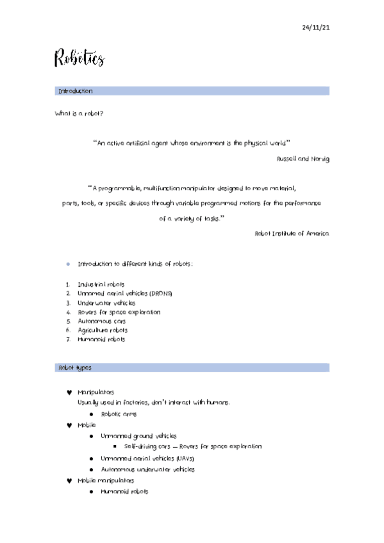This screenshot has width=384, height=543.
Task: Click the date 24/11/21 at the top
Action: coord(315,28)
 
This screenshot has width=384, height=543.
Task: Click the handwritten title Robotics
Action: coord(79,59)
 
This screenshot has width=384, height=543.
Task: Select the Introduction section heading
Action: coord(76,92)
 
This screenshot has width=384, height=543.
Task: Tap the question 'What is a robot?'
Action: coord(79,113)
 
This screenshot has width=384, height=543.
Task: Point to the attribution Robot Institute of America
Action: coord(292,234)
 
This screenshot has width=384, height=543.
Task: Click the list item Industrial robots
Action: coord(101,284)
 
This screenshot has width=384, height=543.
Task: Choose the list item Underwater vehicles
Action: coord(106,303)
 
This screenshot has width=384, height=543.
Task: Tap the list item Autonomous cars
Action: coord(103,321)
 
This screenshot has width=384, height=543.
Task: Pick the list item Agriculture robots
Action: coord(103,330)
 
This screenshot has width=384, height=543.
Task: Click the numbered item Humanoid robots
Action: coord(101,339)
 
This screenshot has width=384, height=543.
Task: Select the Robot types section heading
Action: coord(75,368)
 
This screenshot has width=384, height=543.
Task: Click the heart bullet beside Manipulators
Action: coord(69,392)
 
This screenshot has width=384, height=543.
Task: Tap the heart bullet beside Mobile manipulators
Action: coord(69,480)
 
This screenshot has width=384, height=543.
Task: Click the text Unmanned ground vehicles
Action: coord(138,435)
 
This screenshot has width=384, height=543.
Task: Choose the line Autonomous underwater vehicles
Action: coord(147,469)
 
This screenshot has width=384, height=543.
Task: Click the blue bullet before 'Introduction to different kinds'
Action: coord(68,264)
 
